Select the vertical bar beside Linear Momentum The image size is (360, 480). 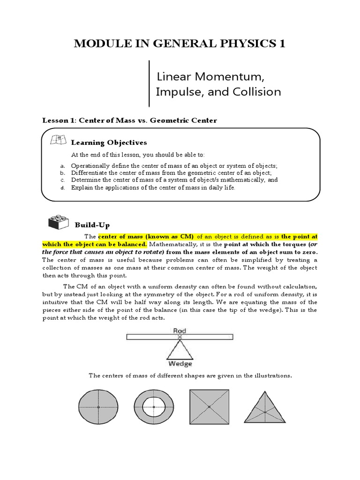(x=150, y=83)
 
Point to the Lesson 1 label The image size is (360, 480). (x=60, y=120)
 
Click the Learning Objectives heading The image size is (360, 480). (x=109, y=142)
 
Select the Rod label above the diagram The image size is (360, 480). (x=180, y=330)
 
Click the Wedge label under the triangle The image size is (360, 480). (x=180, y=364)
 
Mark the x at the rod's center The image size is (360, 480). (x=180, y=337)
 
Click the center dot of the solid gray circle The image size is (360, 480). (x=98, y=407)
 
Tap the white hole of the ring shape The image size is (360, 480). (x=154, y=407)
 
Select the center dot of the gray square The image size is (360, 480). (x=209, y=407)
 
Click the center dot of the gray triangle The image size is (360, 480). (x=264, y=412)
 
